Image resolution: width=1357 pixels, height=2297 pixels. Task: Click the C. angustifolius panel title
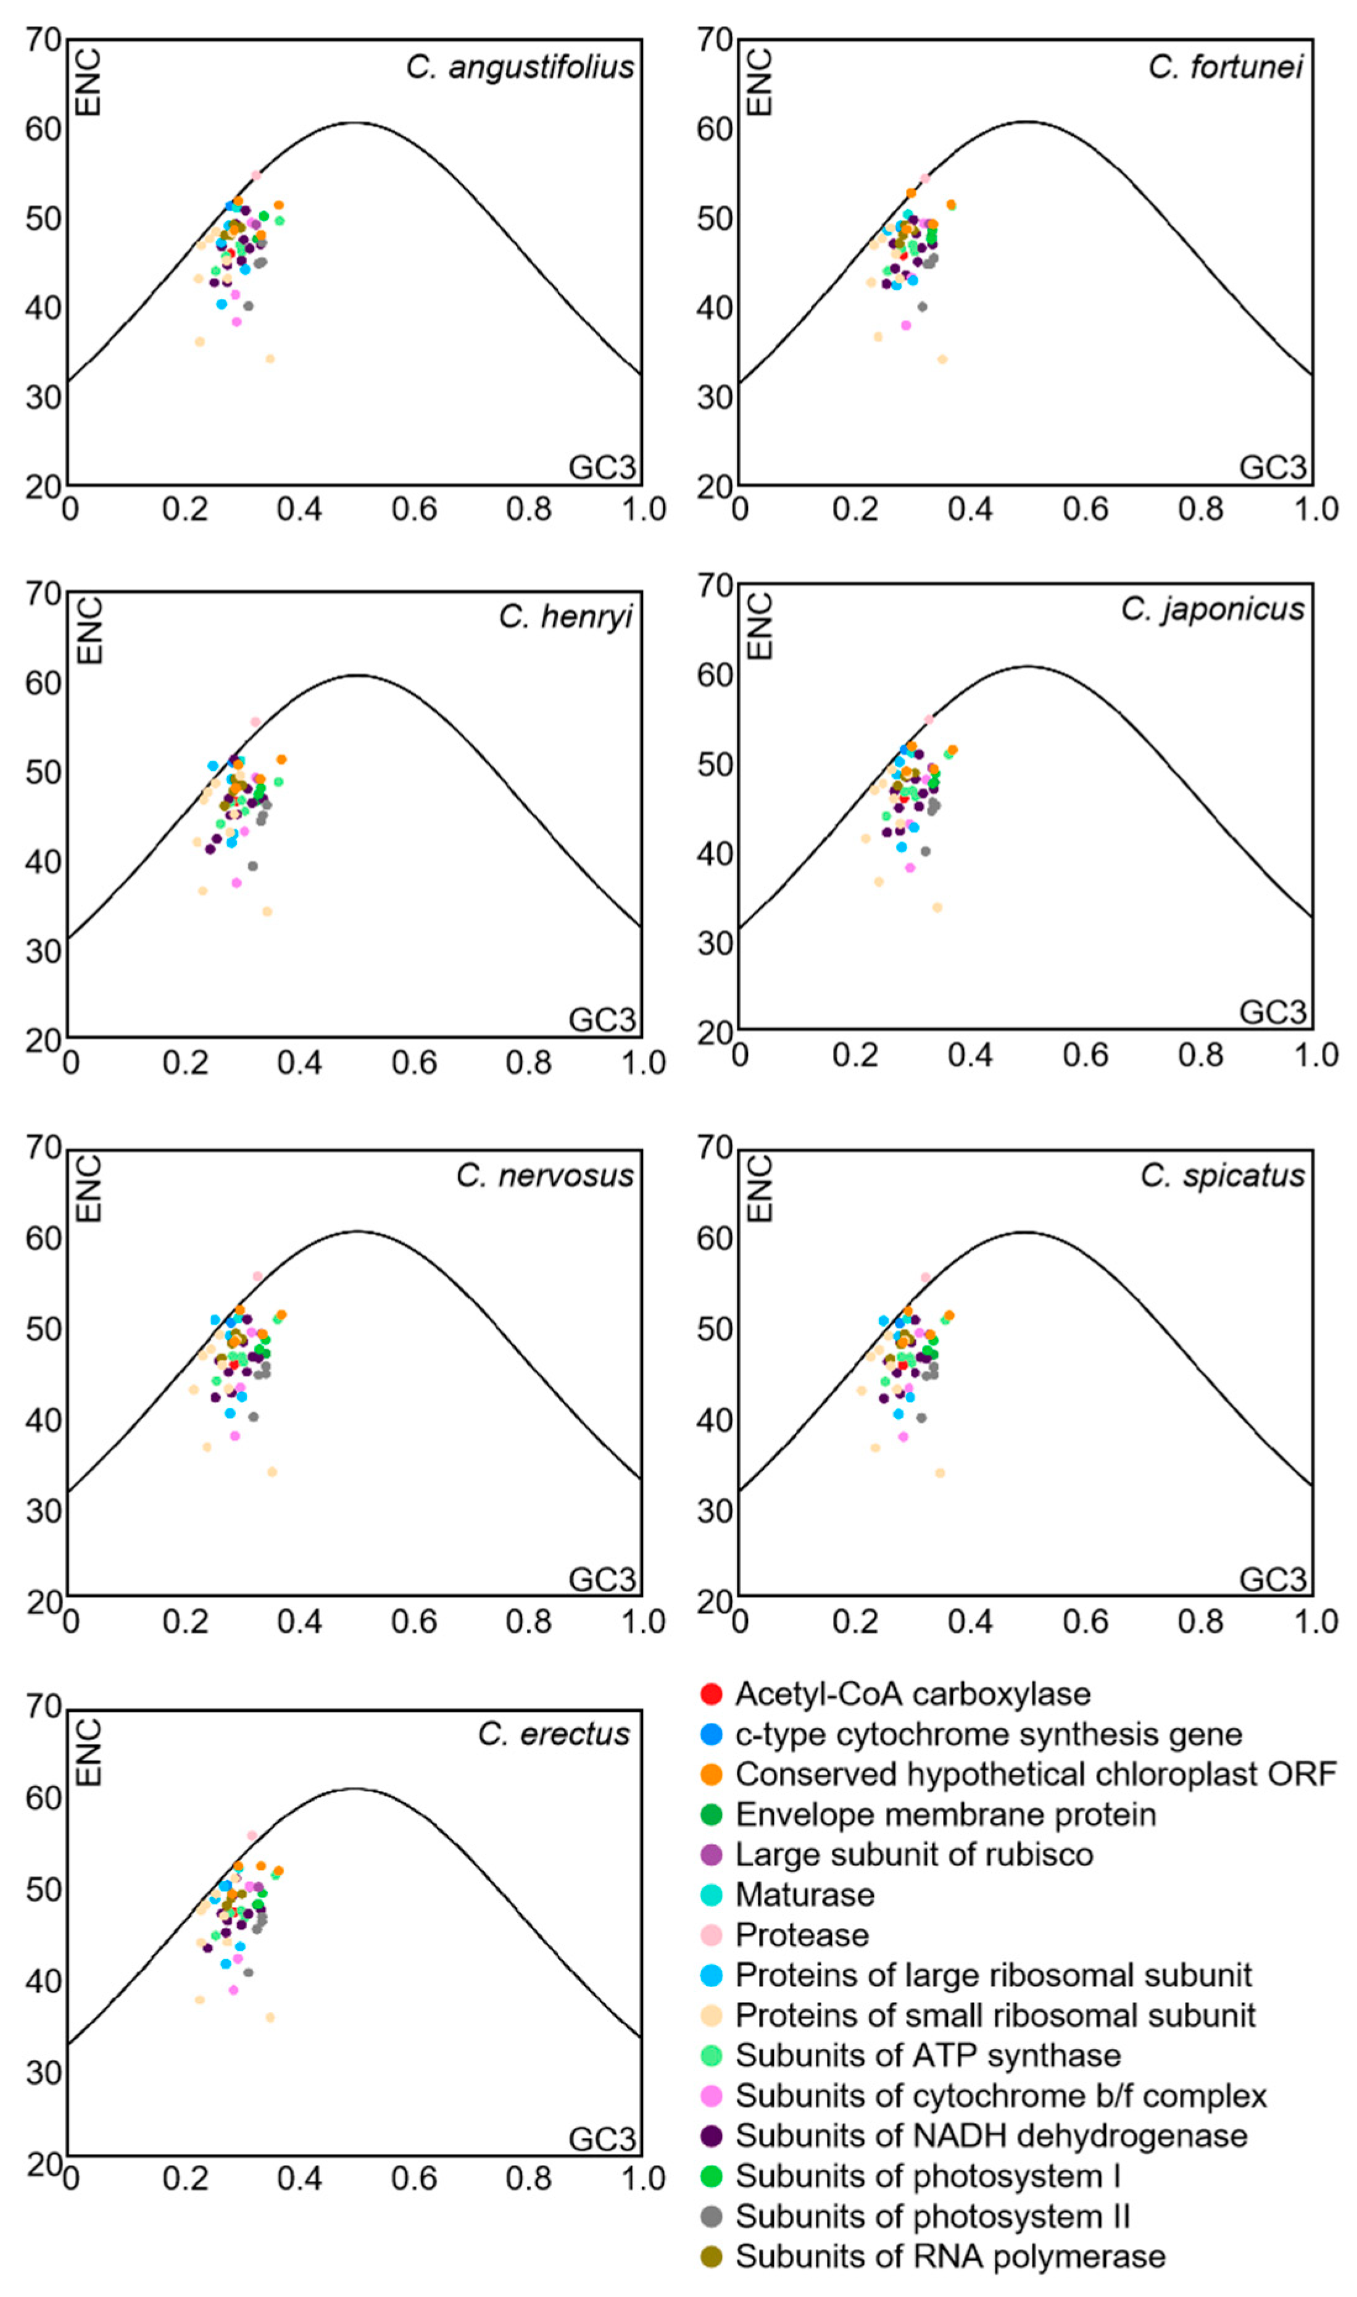(520, 67)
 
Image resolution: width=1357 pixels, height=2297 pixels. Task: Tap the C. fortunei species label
(1226, 67)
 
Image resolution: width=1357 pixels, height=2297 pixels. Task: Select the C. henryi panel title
(565, 617)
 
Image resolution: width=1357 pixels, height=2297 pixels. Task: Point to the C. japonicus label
(1213, 609)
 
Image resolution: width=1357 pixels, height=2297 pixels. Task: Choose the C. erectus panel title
(554, 1733)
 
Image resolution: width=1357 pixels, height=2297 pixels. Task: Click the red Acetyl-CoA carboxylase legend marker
(710, 1694)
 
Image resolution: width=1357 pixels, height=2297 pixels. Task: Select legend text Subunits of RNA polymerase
(950, 2257)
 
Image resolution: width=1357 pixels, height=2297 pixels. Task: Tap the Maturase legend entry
(805, 1895)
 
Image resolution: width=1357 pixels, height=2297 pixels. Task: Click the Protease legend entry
(802, 1935)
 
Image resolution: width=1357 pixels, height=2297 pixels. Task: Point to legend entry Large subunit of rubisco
(913, 1854)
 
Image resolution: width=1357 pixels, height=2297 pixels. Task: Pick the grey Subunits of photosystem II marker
(710, 2217)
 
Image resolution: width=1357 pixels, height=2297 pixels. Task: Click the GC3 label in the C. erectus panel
(602, 2139)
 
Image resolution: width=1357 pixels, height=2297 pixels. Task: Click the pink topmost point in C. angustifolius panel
(256, 175)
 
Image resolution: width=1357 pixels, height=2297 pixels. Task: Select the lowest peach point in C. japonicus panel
(936, 907)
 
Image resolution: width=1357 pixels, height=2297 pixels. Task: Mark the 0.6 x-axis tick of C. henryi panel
(413, 1063)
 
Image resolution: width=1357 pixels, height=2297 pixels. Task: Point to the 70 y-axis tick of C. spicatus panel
(714, 1148)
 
